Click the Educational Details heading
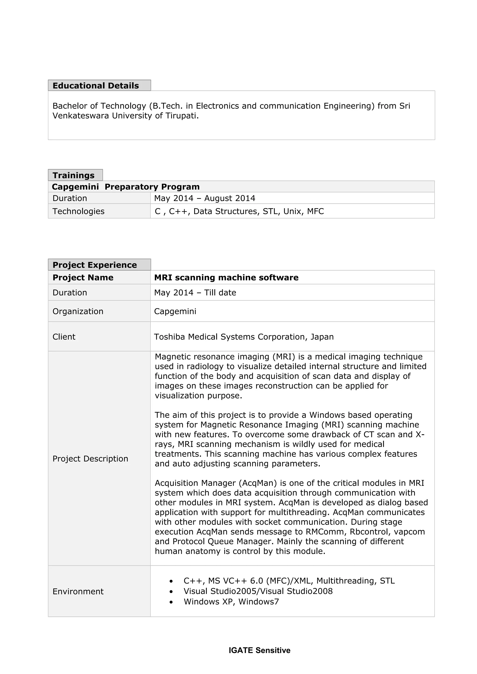point(95,86)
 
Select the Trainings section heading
point(73,175)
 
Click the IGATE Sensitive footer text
point(259,650)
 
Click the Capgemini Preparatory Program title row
point(126,187)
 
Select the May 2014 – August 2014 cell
point(204,198)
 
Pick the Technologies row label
point(78,211)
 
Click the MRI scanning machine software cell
point(226,277)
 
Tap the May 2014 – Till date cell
point(195,293)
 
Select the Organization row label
point(78,311)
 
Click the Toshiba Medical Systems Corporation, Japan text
point(244,337)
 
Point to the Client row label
point(64,337)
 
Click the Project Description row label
point(90,459)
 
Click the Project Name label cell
point(83,277)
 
